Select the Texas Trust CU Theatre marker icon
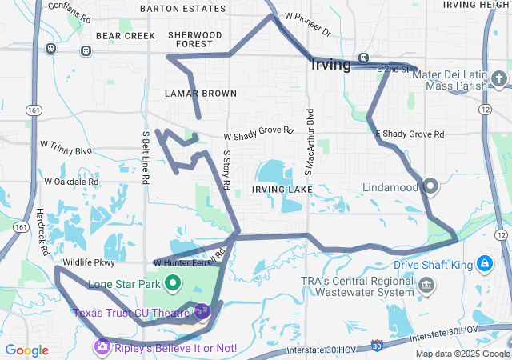click(x=201, y=311)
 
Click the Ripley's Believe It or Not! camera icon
click(x=102, y=346)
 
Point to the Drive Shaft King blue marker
click(x=485, y=263)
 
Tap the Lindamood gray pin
click(x=430, y=186)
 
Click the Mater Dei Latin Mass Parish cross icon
click(x=499, y=78)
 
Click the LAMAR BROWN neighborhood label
click(x=202, y=94)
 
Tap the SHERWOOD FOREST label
click(x=195, y=39)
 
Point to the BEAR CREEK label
click(x=125, y=36)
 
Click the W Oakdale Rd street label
click(x=71, y=182)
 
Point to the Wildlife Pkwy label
click(x=89, y=262)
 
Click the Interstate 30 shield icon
click(x=377, y=346)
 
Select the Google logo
click(x=26, y=350)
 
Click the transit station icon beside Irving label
click(x=363, y=58)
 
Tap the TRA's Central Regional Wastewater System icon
click(x=427, y=286)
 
